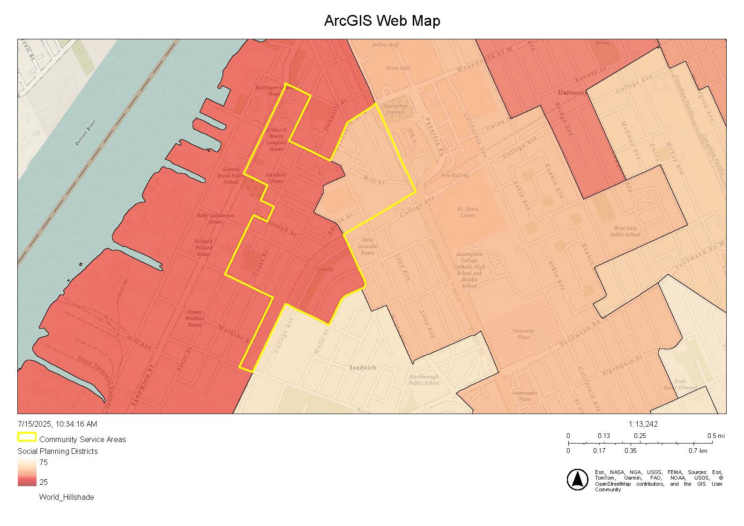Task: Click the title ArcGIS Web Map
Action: pos(382,21)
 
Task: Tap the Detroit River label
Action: pos(85,133)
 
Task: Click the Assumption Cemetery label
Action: pos(394,109)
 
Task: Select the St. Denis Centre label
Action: pos(468,212)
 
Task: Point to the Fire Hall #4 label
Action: pos(454,176)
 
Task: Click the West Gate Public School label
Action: pos(625,231)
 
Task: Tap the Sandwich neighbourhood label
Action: pos(362,368)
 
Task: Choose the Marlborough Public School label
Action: pos(424,379)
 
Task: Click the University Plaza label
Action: pos(523,334)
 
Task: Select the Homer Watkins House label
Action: pos(194,318)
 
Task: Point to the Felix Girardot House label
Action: pos(367,246)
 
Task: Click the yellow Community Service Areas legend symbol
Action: pos(27,437)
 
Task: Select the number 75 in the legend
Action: pos(43,462)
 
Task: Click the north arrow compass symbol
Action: pos(577,480)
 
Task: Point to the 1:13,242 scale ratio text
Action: pos(643,424)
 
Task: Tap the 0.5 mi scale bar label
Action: pos(715,436)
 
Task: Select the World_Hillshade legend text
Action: pos(66,497)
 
